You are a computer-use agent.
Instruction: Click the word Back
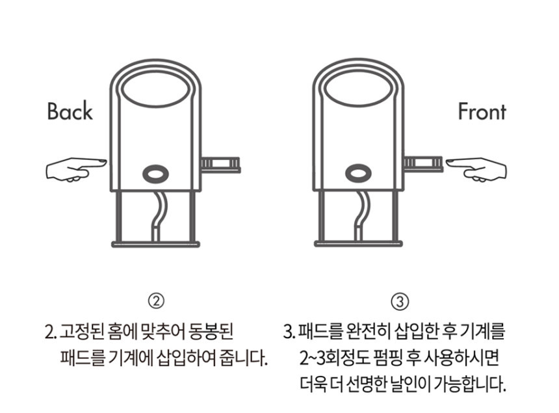tap(70, 111)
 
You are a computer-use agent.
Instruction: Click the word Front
tap(482, 111)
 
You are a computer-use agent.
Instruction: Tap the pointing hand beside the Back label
tap(76, 169)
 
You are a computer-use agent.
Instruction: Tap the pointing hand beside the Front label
tap(476, 169)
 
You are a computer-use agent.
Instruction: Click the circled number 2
tap(156, 302)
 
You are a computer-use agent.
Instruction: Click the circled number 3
tap(400, 302)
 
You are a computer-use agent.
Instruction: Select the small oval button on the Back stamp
tap(156, 174)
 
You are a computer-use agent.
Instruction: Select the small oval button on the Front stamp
tap(359, 174)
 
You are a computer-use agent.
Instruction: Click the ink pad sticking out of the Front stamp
tap(423, 165)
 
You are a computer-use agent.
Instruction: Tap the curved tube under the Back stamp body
tap(159, 216)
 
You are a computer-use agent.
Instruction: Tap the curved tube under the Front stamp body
tap(361, 216)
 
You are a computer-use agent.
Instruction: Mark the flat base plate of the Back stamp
tap(156, 245)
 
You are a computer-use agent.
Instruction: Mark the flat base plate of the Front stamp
tap(359, 245)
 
